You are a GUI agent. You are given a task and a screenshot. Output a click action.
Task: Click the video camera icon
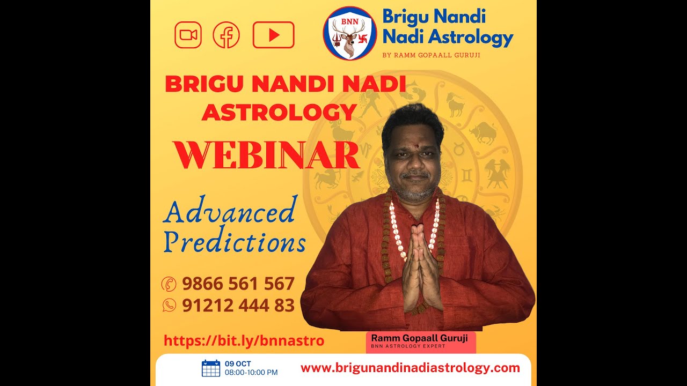pyautogui.click(x=188, y=35)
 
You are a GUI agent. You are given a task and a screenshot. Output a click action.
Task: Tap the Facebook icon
pyautogui.click(x=226, y=35)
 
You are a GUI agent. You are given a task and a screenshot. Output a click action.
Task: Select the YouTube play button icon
pyautogui.click(x=273, y=35)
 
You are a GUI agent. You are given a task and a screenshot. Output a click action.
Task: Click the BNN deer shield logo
pyautogui.click(x=350, y=33)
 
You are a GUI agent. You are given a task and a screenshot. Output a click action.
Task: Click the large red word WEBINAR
pyautogui.click(x=266, y=155)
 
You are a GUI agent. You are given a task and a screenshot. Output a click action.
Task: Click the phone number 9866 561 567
pyautogui.click(x=238, y=284)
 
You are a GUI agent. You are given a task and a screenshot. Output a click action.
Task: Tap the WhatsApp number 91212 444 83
pyautogui.click(x=238, y=306)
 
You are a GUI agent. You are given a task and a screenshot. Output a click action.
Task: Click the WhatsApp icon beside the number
pyautogui.click(x=169, y=306)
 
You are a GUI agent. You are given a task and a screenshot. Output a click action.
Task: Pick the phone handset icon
pyautogui.click(x=169, y=284)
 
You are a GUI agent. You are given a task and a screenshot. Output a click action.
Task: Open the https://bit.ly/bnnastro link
pyautogui.click(x=244, y=340)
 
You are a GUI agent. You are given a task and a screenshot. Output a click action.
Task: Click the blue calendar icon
pyautogui.click(x=211, y=368)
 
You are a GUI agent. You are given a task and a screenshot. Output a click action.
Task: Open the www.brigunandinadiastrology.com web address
pyautogui.click(x=410, y=368)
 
